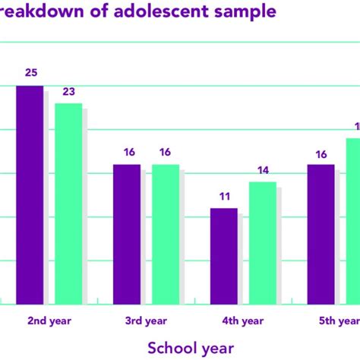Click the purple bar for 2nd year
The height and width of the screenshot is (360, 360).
coord(30,195)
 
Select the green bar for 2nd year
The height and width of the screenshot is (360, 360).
coord(68,204)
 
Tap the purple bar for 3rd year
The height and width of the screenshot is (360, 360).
coord(127,234)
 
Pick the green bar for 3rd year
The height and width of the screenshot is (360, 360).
coord(166,234)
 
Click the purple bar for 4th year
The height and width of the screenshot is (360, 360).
coord(224,256)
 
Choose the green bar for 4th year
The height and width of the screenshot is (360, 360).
coord(263,243)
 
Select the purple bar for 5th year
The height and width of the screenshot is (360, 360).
coord(321,234)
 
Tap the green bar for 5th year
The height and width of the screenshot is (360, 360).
coord(353,221)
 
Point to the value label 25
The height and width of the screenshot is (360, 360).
coord(30,73)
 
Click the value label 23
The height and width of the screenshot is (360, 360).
coord(68,91)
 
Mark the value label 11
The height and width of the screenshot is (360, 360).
coord(224,196)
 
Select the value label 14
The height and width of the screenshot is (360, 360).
coord(263,170)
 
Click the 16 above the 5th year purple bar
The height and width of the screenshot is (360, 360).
coord(321,154)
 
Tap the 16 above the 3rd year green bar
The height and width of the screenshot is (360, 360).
coord(166,152)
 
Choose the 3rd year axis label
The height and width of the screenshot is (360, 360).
coord(146,321)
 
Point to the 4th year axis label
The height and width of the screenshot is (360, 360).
coord(243,321)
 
